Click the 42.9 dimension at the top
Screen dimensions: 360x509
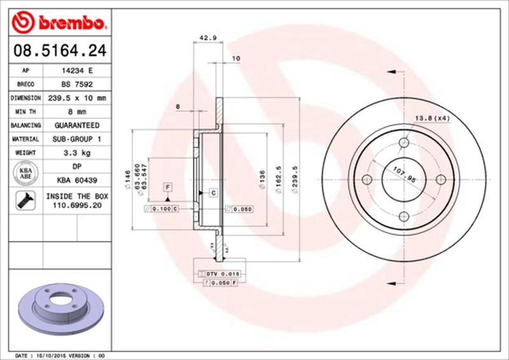coord(206,38)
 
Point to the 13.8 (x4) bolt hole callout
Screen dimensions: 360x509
coord(432,119)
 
